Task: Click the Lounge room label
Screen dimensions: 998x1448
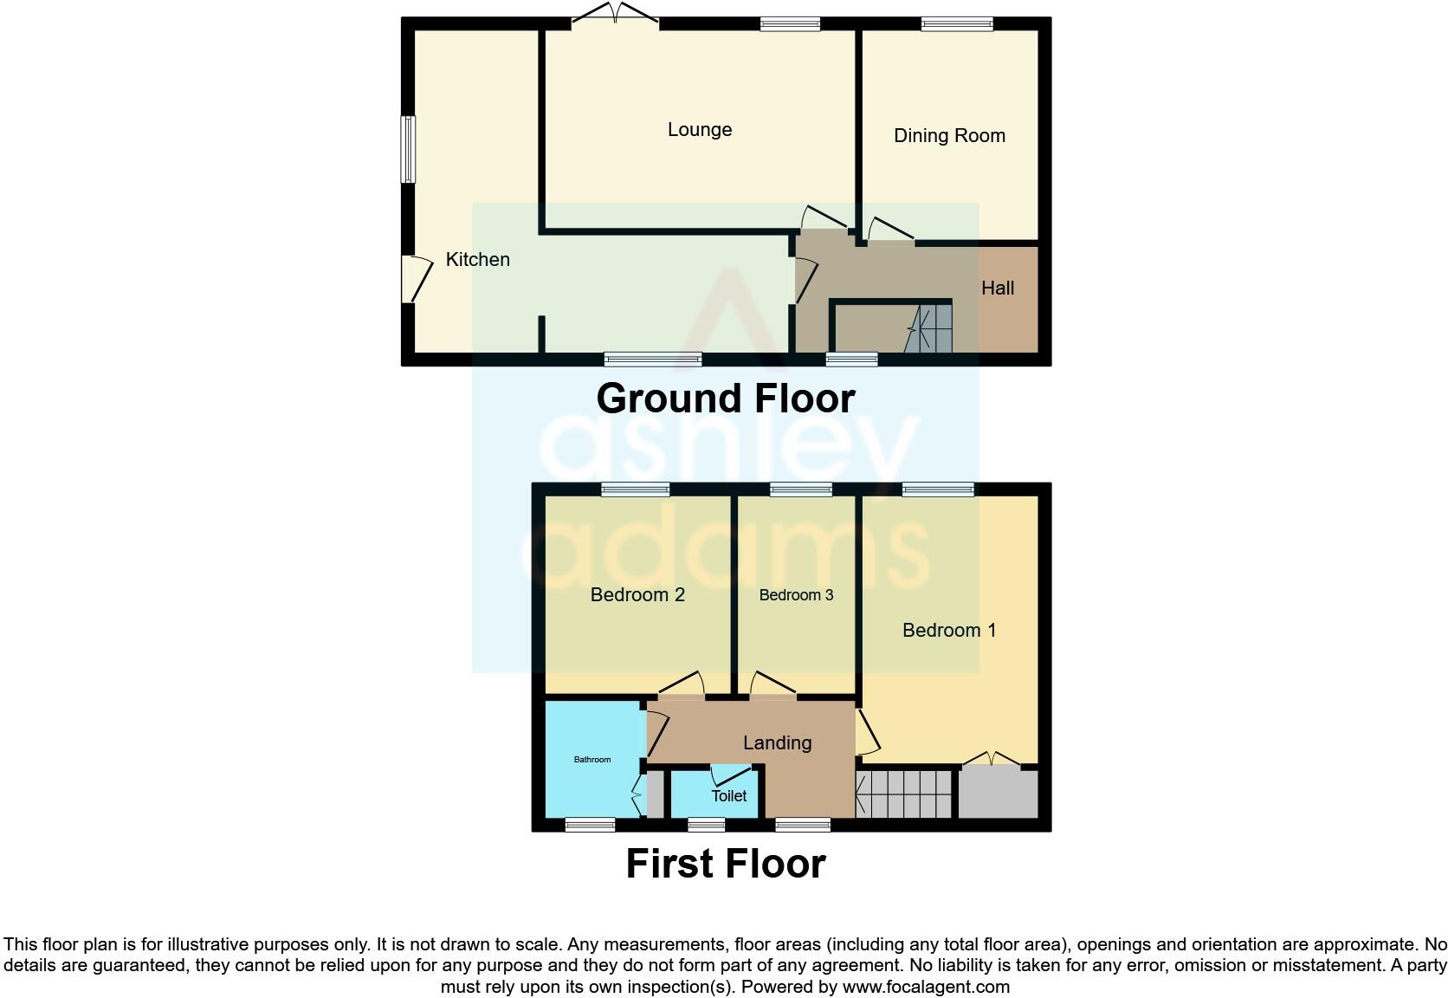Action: click(x=700, y=130)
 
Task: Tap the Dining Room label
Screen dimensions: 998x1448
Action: click(x=949, y=136)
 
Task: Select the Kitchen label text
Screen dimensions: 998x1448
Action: click(x=477, y=260)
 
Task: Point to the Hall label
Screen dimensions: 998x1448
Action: click(x=998, y=288)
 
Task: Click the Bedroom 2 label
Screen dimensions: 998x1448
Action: click(x=637, y=595)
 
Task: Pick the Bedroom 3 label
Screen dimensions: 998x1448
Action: click(x=796, y=595)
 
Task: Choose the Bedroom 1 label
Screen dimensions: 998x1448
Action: click(x=949, y=631)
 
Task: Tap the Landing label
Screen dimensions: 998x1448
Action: click(x=777, y=743)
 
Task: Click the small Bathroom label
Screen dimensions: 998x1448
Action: click(x=592, y=760)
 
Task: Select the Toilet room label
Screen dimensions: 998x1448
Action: click(x=728, y=796)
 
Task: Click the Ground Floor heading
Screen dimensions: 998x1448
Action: click(x=726, y=399)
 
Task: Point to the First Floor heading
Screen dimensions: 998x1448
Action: click(x=726, y=865)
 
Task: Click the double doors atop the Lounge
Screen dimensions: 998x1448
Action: click(x=615, y=15)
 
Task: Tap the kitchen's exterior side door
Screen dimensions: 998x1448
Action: click(x=415, y=279)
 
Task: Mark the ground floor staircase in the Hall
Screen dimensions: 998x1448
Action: click(x=928, y=328)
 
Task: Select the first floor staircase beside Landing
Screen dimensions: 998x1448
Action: click(x=904, y=794)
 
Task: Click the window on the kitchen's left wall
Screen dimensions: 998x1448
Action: click(x=408, y=150)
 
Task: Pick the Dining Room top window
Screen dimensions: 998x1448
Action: click(x=957, y=24)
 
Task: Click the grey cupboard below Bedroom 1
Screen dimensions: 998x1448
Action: click(x=998, y=793)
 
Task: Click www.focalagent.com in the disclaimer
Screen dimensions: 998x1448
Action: click(x=926, y=987)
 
